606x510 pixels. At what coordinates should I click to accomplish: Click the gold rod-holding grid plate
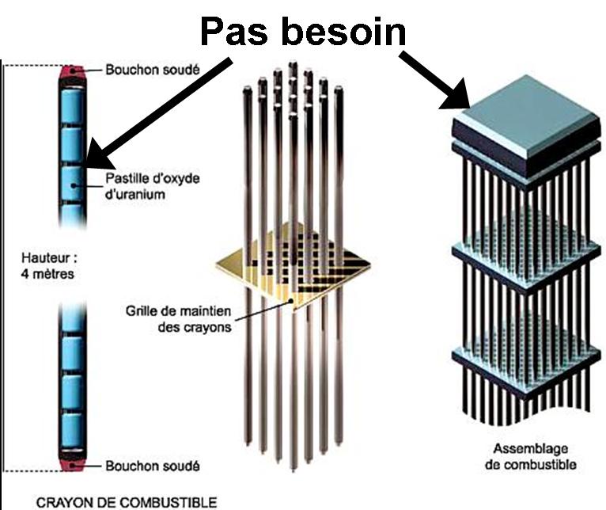tap(295, 265)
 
